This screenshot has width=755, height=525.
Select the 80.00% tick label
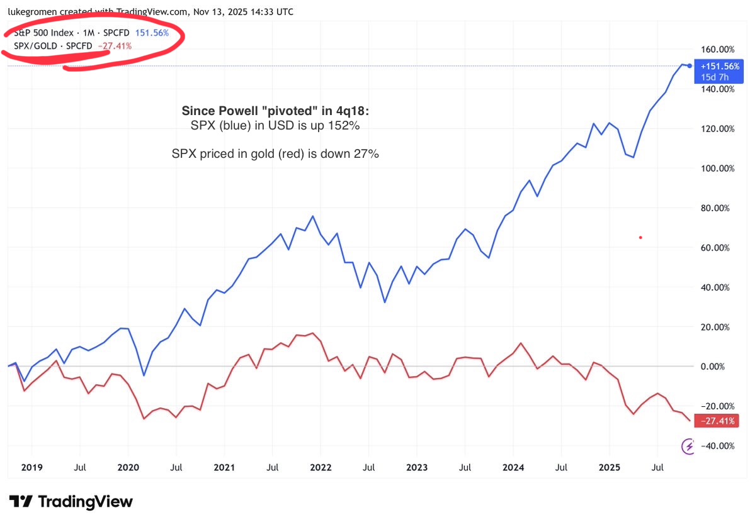coord(717,208)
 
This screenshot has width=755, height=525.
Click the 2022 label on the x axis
coord(321,468)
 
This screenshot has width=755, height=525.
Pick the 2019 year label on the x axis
coord(31,468)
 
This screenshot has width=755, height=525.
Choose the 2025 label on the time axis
coord(609,468)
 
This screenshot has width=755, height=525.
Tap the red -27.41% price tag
coord(715,421)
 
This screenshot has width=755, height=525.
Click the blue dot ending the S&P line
coord(690,65)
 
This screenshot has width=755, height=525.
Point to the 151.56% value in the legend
coord(152,33)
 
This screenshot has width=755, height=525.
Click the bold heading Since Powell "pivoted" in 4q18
coord(276,111)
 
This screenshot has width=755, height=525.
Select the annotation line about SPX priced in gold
coord(275,153)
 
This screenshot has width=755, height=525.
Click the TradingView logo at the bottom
coord(71,501)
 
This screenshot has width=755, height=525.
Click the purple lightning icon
coord(690,446)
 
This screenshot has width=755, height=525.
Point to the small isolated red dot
coord(640,237)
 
